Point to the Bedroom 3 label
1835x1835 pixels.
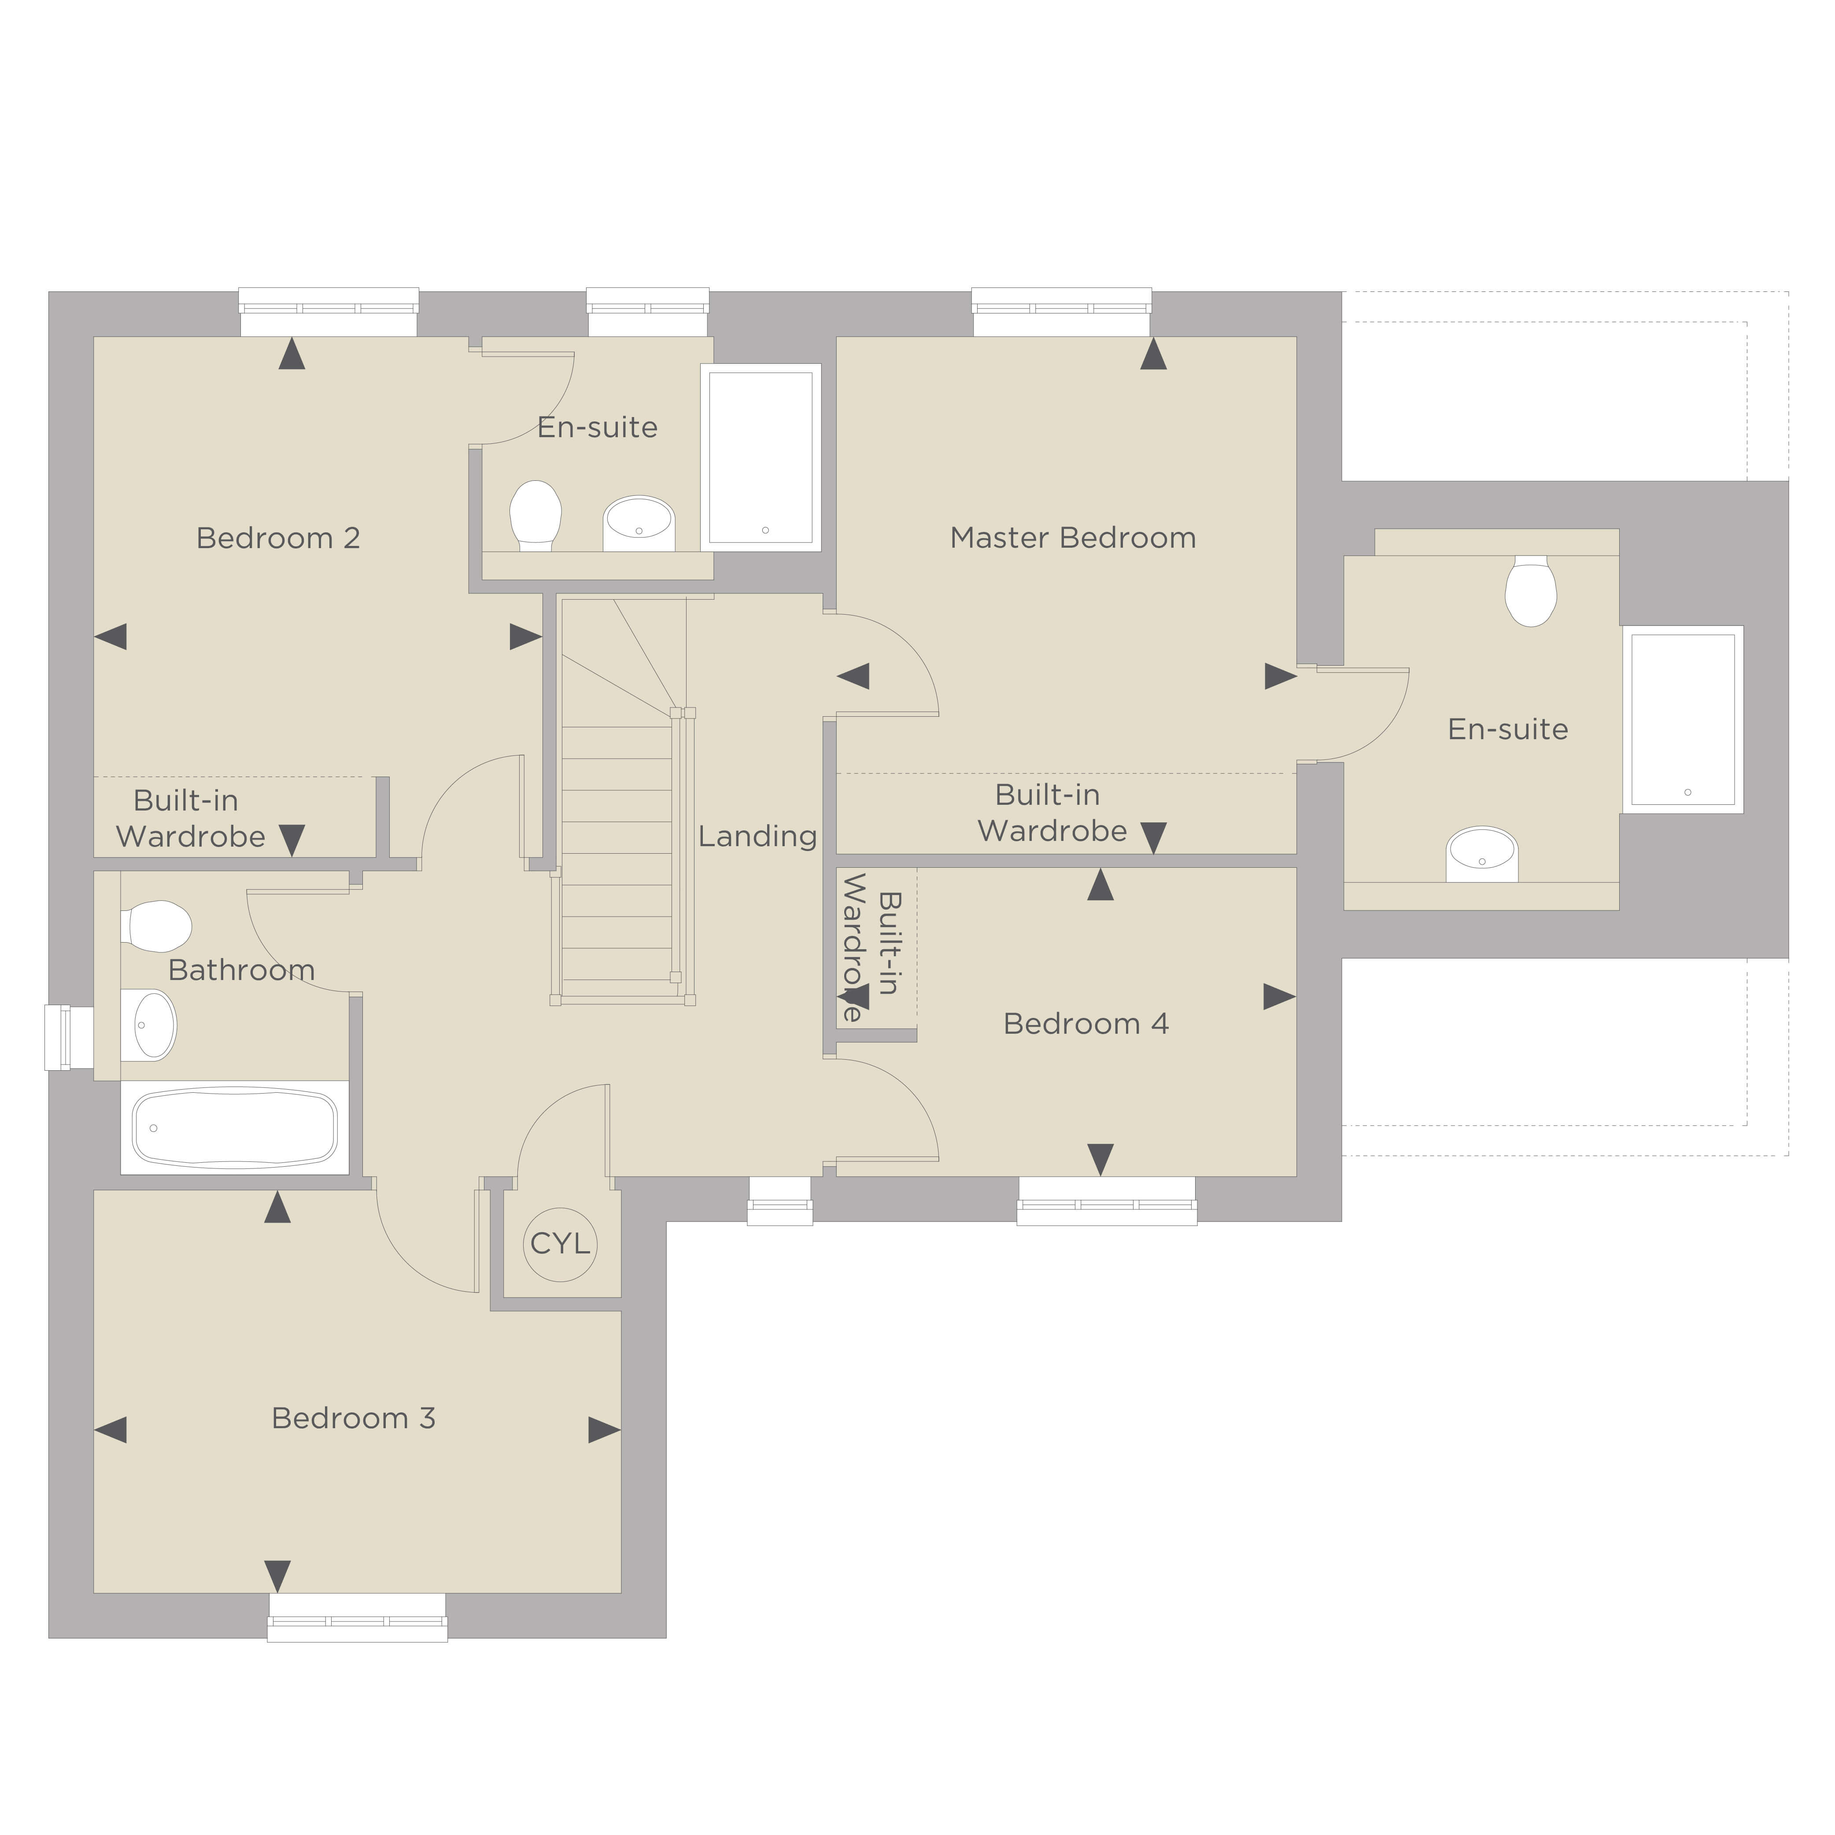(x=353, y=1418)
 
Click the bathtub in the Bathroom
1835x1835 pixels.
(x=235, y=1128)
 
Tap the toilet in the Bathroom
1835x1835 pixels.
(x=156, y=926)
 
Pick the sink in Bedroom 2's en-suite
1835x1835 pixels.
(x=638, y=523)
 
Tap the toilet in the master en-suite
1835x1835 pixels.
(x=1530, y=591)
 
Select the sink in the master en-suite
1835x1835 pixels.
(x=1482, y=854)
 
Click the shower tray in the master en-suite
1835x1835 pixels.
(x=1683, y=719)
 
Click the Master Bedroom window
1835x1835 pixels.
(x=1062, y=312)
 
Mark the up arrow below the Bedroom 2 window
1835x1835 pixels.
(x=292, y=354)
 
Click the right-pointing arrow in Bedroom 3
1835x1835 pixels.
(x=604, y=1430)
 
